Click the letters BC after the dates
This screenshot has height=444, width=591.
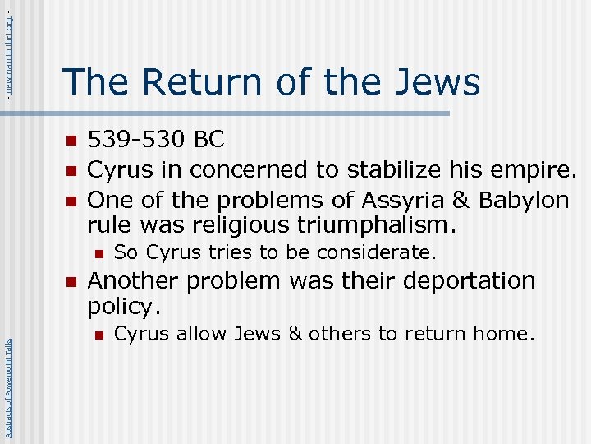[209, 140]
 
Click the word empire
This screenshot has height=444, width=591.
[534, 170]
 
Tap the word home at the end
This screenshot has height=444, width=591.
[509, 334]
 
